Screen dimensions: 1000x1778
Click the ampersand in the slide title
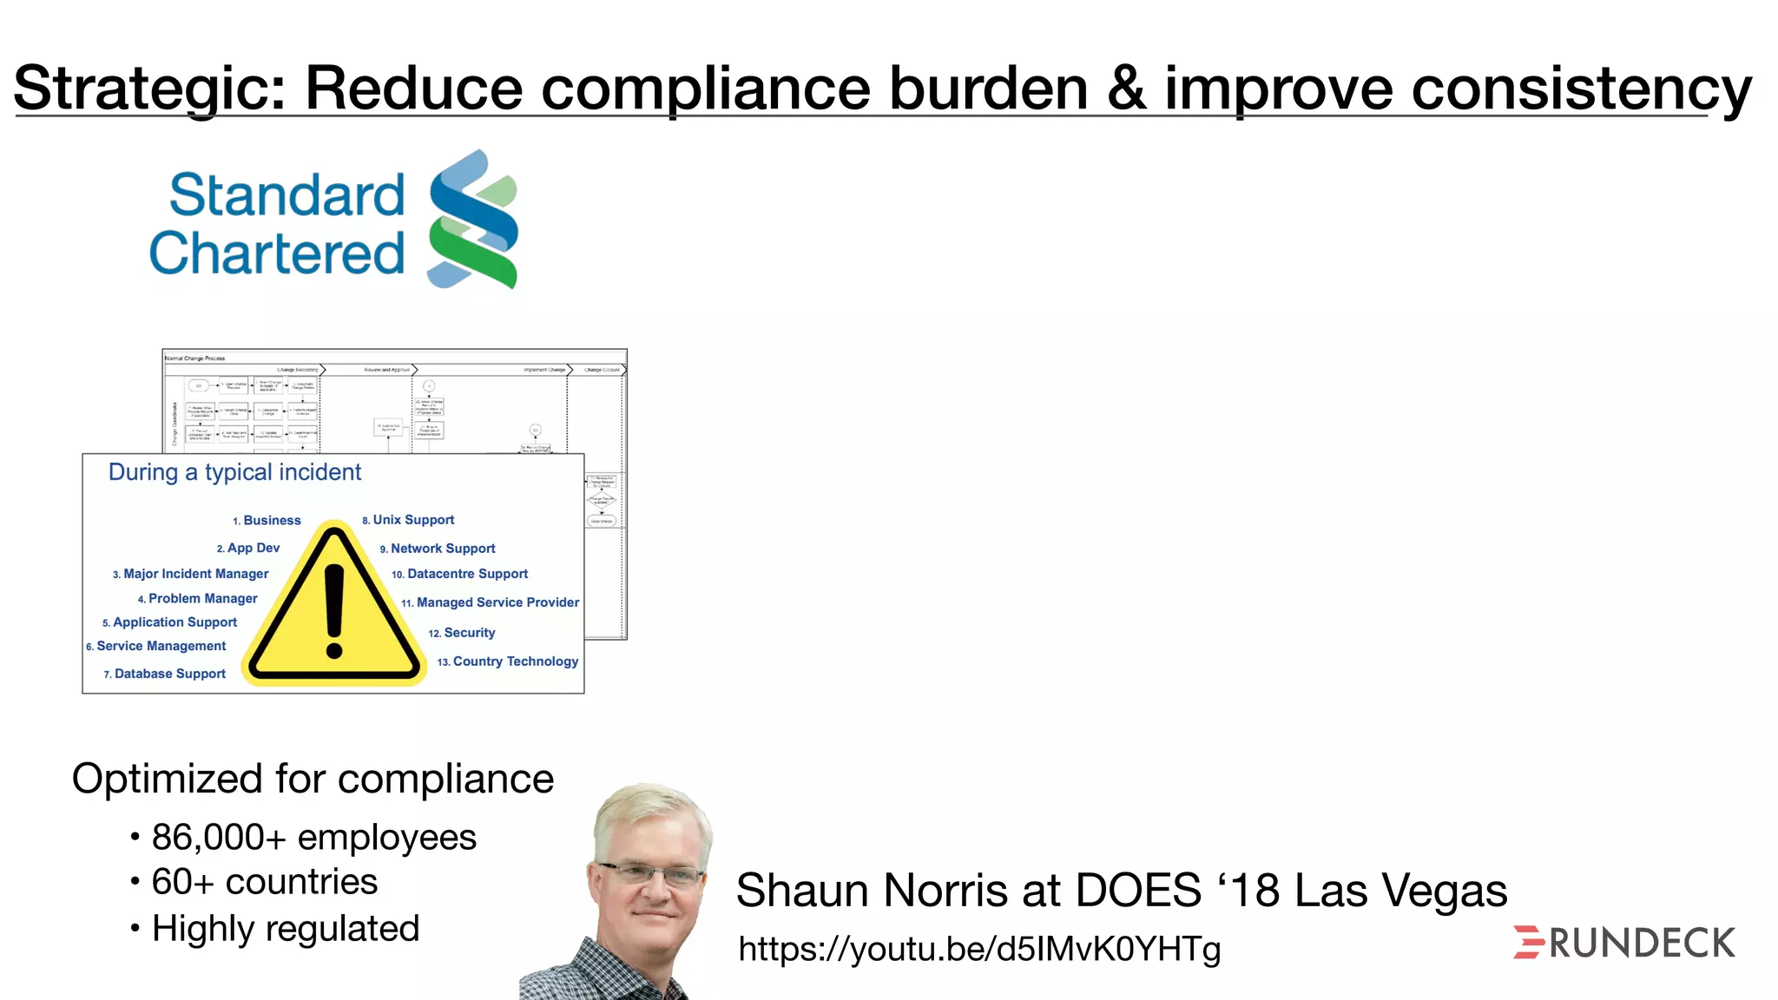(x=1126, y=89)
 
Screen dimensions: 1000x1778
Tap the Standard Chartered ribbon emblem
(x=473, y=219)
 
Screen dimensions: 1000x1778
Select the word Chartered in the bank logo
(x=277, y=253)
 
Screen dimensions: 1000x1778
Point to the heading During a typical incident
(x=234, y=472)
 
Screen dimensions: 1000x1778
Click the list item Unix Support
(x=413, y=520)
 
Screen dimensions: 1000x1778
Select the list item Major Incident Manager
(x=195, y=574)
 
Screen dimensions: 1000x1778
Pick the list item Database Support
(x=169, y=674)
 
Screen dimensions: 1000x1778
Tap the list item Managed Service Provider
(x=497, y=602)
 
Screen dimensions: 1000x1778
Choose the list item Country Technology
(x=515, y=661)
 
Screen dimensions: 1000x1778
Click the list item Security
(x=469, y=633)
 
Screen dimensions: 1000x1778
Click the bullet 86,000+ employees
(x=313, y=838)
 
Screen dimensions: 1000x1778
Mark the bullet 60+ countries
(x=264, y=882)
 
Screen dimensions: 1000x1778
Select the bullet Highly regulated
(x=286, y=929)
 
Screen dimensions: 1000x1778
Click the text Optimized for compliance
(x=313, y=779)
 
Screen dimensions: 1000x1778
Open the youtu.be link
(x=979, y=949)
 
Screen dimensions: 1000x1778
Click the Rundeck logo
(x=1624, y=943)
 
